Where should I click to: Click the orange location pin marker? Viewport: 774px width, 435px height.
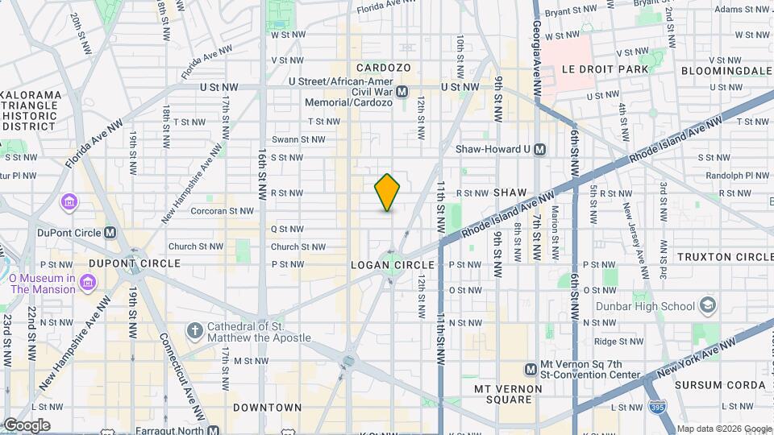click(387, 193)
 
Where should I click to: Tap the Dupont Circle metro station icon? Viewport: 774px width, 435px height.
click(111, 232)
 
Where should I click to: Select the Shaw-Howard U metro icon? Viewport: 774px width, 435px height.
click(540, 149)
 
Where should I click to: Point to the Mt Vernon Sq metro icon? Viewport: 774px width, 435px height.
click(531, 369)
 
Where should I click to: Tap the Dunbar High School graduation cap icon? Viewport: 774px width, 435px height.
click(707, 306)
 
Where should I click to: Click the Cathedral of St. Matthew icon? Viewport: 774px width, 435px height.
click(193, 331)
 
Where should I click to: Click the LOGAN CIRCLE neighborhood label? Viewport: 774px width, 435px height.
click(393, 265)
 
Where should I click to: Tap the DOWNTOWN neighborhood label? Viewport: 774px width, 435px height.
click(267, 408)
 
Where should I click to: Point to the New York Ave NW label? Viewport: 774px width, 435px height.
click(697, 357)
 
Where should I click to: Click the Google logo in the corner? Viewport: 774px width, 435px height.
click(26, 425)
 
